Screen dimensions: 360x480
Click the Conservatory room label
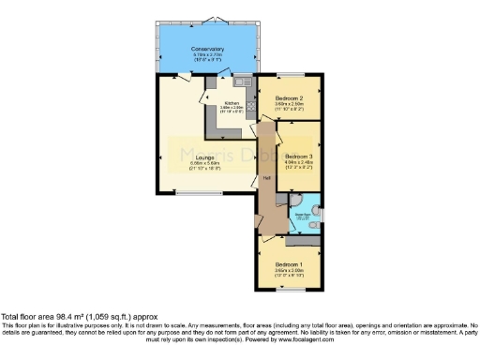pyautogui.click(x=207, y=49)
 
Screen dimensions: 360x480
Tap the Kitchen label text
pyautogui.click(x=231, y=102)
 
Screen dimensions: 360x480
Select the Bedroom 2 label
pyautogui.click(x=289, y=97)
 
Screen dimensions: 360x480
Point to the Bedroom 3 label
pyautogui.click(x=299, y=156)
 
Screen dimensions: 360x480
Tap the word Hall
pyautogui.click(x=266, y=177)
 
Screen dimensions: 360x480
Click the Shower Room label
pyautogui.click(x=303, y=215)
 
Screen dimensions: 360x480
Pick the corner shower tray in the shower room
pyautogui.click(x=309, y=201)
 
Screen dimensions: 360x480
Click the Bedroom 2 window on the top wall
pyautogui.click(x=291, y=74)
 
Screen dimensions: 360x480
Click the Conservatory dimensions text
pyautogui.click(x=207, y=57)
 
